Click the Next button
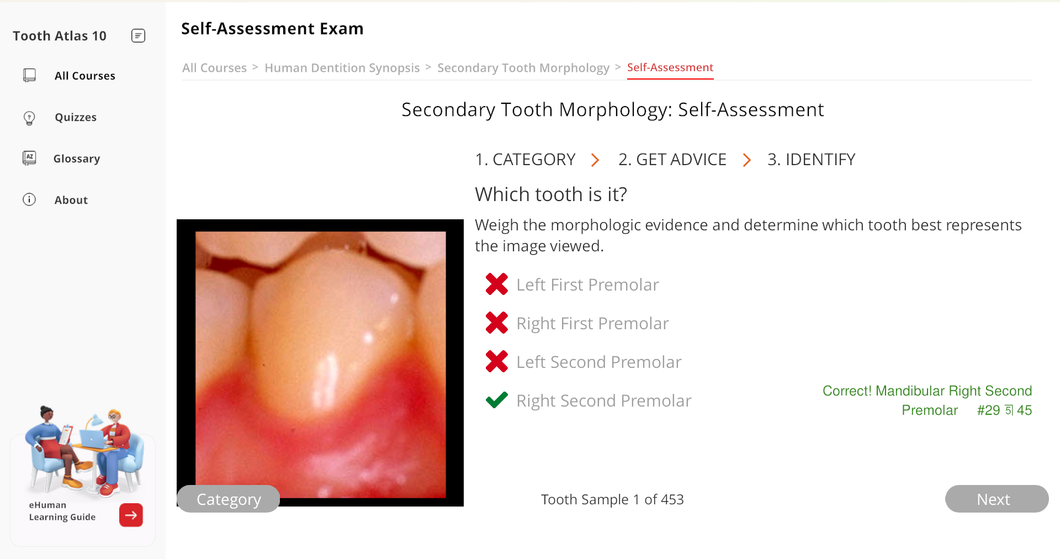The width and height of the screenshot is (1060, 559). click(x=997, y=499)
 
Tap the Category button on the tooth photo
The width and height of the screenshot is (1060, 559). click(x=229, y=499)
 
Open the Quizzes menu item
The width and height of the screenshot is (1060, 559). click(x=76, y=117)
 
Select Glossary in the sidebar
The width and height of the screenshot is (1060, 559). click(x=77, y=159)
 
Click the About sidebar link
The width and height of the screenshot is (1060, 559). click(x=71, y=200)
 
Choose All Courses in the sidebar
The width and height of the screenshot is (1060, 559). click(x=85, y=76)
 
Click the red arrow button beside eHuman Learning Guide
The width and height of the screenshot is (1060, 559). click(x=131, y=515)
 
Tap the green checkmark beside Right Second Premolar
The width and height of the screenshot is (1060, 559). click(x=497, y=400)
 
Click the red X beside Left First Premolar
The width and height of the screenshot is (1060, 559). click(x=497, y=284)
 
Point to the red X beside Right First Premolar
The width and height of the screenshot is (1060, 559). click(x=497, y=323)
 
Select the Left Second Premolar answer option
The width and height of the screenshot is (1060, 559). click(x=599, y=362)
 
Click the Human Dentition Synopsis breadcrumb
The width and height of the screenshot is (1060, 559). click(x=342, y=68)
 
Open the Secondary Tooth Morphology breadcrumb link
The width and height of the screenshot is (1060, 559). click(x=523, y=68)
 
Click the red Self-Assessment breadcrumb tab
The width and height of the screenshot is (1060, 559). click(x=670, y=67)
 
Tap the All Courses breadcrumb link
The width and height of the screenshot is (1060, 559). click(x=214, y=68)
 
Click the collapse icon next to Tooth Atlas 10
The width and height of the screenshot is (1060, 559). click(x=139, y=36)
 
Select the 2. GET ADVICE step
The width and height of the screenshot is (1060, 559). click(x=672, y=160)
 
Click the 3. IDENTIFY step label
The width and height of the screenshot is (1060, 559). click(x=812, y=160)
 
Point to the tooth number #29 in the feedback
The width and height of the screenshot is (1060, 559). click(x=988, y=410)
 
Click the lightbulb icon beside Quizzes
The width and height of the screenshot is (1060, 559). click(x=29, y=118)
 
